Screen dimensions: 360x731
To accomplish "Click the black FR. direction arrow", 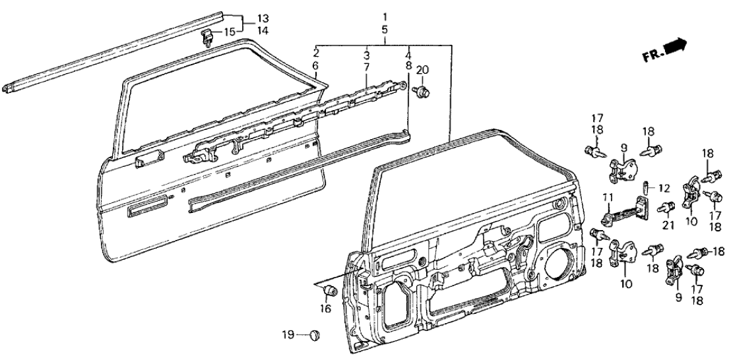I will pos(674,47).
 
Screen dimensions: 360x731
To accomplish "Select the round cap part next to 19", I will pos(314,336).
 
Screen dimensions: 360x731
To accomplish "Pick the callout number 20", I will pos(422,70).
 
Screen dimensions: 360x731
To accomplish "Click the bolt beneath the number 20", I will pos(419,91).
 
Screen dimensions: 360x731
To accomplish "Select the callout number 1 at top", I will pos(386,16).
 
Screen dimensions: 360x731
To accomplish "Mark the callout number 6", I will pos(315,66).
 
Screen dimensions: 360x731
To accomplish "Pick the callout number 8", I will pos(408,66).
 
